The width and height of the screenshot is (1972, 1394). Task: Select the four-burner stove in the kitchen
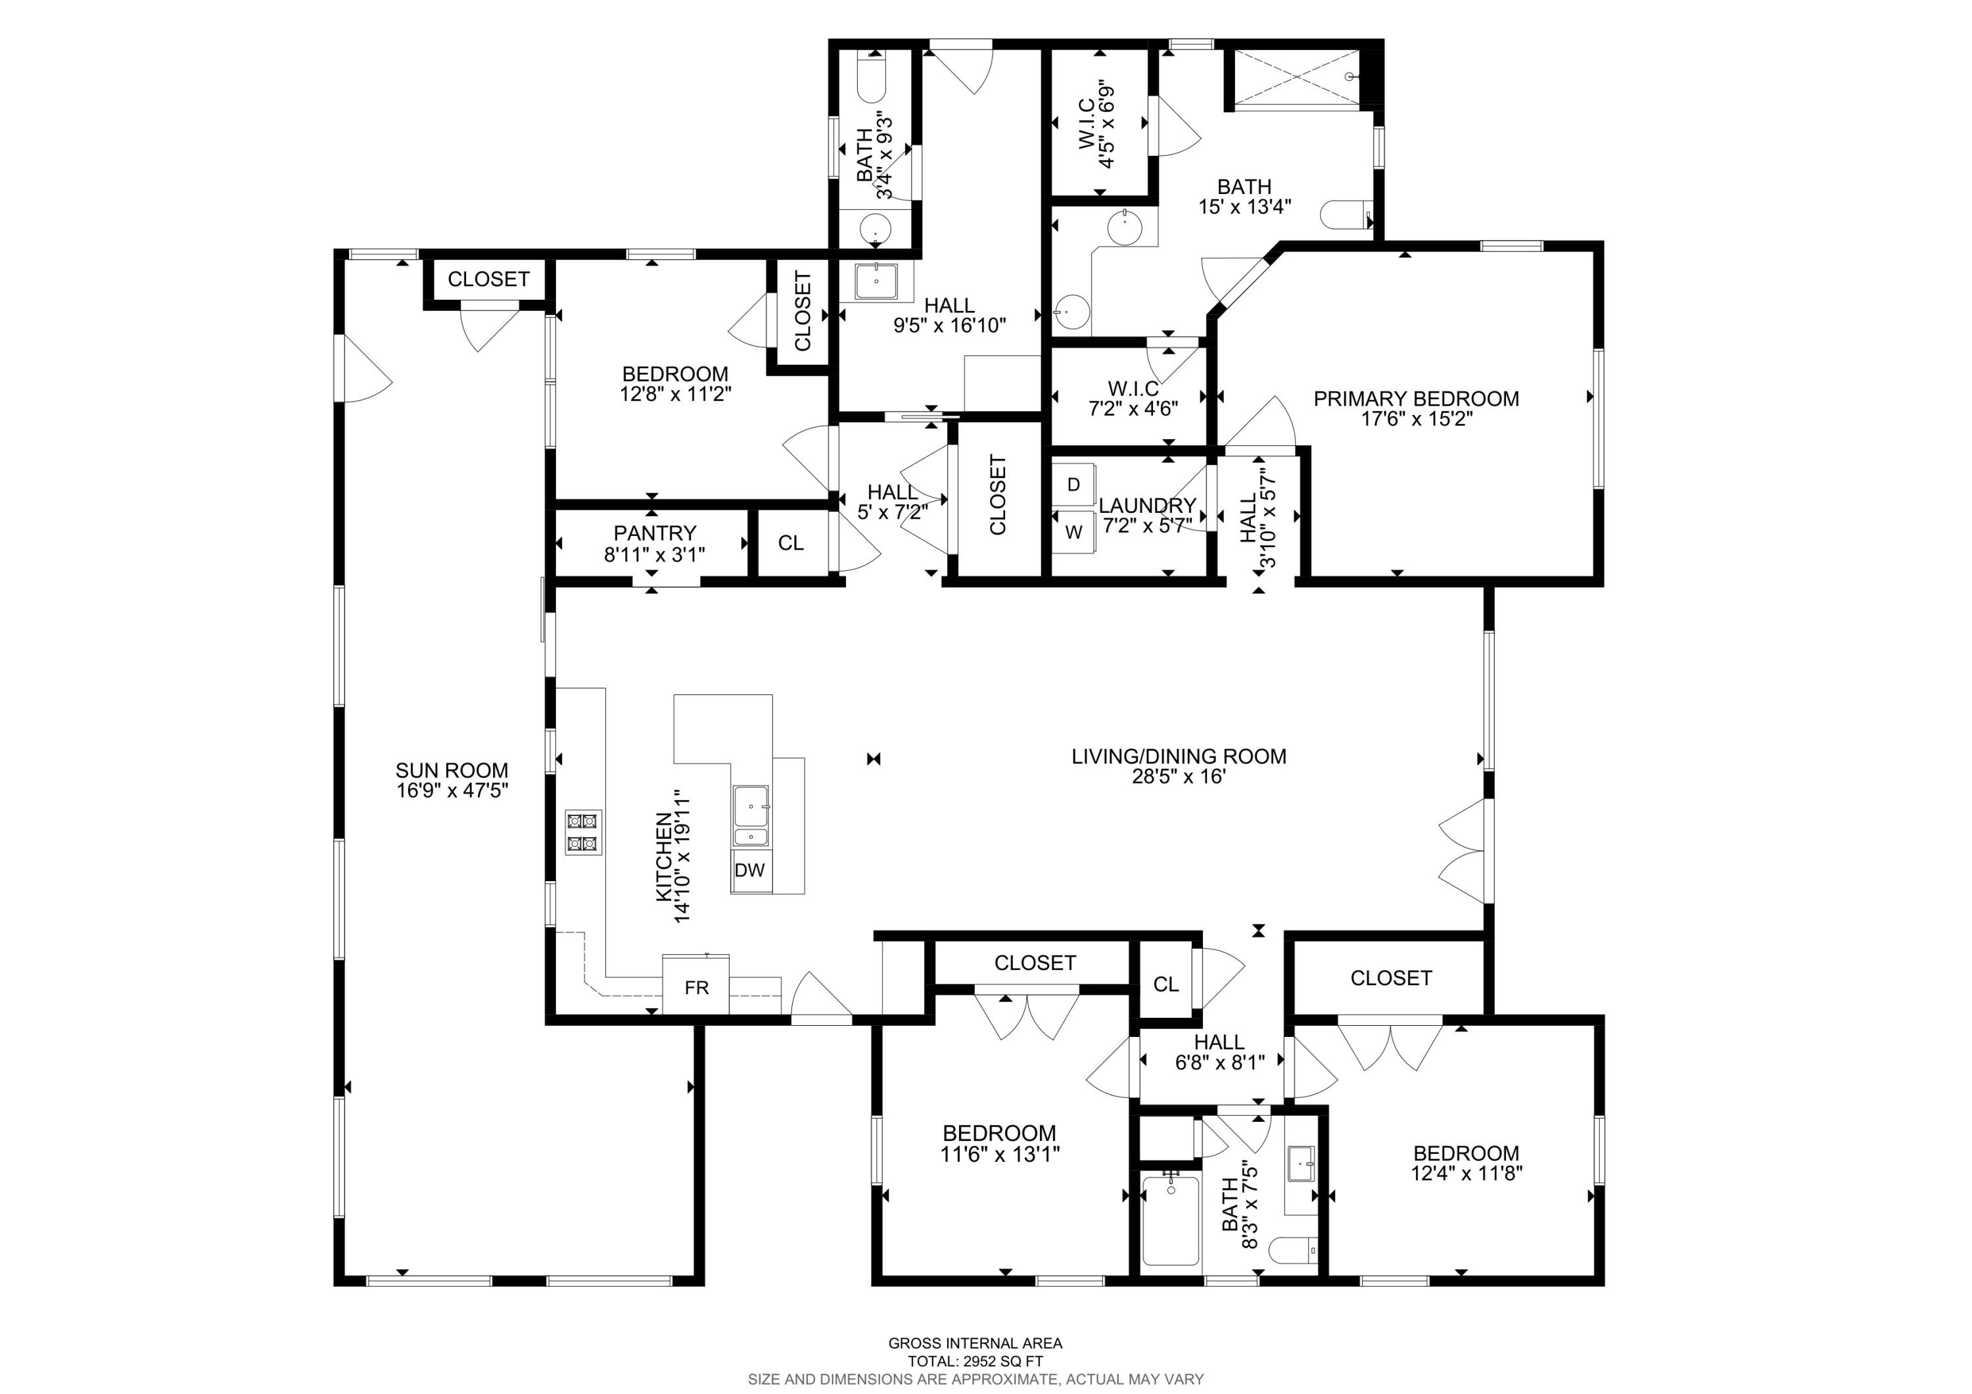[x=583, y=832]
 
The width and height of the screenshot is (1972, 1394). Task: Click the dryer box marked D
[x=1073, y=485]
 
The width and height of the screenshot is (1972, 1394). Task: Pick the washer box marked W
[x=1073, y=533]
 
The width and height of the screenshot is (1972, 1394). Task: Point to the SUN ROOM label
[x=452, y=771]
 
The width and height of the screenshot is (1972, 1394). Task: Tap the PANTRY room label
[x=655, y=533]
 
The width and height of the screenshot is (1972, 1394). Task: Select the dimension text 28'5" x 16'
[x=1179, y=777]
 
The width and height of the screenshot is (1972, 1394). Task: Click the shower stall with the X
[x=1297, y=78]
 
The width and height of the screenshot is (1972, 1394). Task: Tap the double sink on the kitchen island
[x=751, y=816]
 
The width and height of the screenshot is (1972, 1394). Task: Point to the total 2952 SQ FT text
[x=975, y=1361]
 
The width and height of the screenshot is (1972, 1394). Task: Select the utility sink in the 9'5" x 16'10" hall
[x=876, y=281]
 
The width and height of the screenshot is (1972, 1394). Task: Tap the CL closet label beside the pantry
[x=790, y=543]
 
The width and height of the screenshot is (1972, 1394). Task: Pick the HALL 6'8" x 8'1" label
[x=1219, y=1042]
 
